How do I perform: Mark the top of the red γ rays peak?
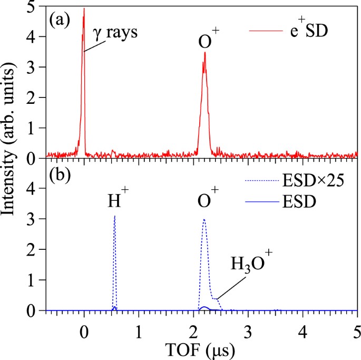[x=84, y=8]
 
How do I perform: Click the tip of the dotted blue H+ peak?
[x=114, y=216]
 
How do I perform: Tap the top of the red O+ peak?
[x=204, y=53]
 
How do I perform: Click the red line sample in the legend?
[x=261, y=32]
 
